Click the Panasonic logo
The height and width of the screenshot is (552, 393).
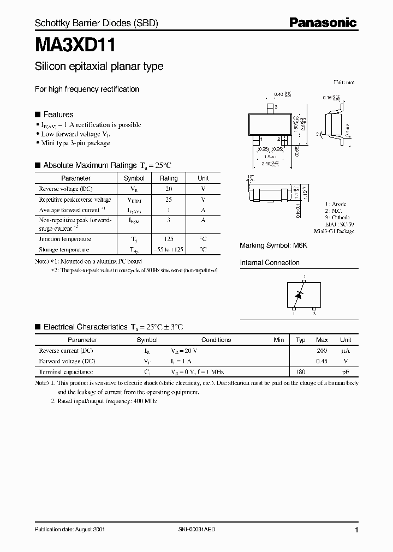[x=323, y=22]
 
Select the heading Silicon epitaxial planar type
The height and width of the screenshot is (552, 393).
[x=99, y=67]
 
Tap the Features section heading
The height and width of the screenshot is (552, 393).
[x=58, y=115]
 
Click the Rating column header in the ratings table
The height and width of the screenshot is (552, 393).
[x=168, y=178]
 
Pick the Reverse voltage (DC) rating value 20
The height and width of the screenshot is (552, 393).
[x=168, y=189]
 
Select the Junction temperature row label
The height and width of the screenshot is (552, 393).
[x=65, y=239]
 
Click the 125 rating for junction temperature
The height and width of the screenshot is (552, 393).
[x=168, y=239]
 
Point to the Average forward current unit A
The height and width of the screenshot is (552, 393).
[x=203, y=210]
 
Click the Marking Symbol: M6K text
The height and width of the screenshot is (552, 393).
[x=273, y=245]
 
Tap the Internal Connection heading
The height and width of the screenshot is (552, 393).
[x=270, y=262]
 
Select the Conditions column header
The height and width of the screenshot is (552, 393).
[x=216, y=340]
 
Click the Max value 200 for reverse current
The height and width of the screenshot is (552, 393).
[x=321, y=351]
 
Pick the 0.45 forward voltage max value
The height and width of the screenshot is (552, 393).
[x=321, y=361]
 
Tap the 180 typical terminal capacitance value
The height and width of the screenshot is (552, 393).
[x=300, y=371]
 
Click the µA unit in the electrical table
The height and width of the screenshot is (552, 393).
[x=345, y=351]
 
